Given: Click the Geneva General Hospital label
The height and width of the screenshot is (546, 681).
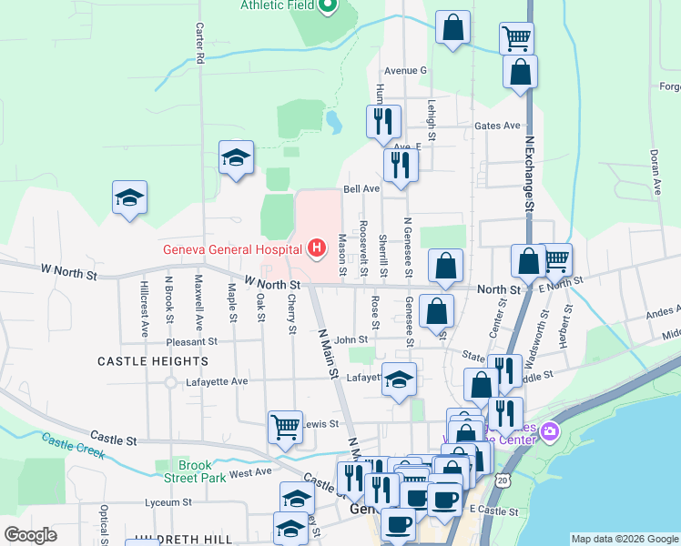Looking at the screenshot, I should point(233,249).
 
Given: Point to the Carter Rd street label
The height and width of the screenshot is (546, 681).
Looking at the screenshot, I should point(198,44).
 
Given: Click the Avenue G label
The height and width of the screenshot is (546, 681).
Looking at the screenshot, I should point(405,70).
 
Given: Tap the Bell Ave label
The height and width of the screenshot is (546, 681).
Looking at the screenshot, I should point(361,189).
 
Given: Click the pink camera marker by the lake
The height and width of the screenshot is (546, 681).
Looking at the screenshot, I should point(549,430).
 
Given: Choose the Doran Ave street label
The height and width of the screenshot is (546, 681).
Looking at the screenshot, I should point(655,173).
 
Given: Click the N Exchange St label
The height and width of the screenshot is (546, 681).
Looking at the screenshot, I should point(528,175).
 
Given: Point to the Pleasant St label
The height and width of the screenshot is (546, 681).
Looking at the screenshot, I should point(192,342).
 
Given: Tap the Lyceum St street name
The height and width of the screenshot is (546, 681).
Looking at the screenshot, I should point(174,501).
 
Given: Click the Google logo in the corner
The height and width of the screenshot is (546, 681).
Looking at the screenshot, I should point(30,535).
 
